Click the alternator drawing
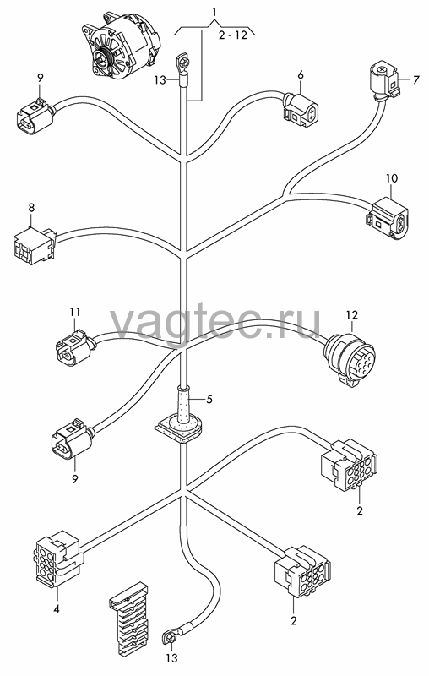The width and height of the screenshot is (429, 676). pos(122,46)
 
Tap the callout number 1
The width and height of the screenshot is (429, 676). pos(214,11)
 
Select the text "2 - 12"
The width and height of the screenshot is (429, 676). pos(233,35)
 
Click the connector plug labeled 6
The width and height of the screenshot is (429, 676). pos(300,109)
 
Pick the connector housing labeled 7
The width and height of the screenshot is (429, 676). pos(384,81)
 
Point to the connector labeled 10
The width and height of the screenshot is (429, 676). pos(388,217)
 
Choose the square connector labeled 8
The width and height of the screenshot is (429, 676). pos(35,245)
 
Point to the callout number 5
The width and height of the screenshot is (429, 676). pos(209,399)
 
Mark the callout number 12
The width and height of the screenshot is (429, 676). pos(352,315)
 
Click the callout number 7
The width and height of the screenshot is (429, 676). pos(415,79)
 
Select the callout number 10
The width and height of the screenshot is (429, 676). pos(392,178)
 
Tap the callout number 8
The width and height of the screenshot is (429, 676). pos(31,207)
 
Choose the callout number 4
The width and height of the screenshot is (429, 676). pos(57,608)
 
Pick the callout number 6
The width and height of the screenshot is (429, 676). pos(300,75)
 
